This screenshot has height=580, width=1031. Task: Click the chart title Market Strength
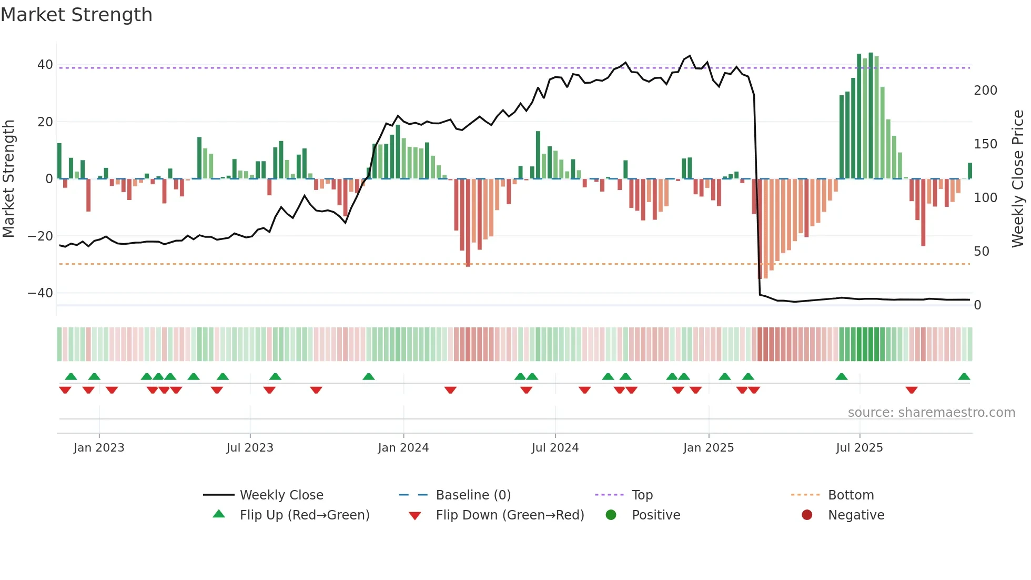(76, 15)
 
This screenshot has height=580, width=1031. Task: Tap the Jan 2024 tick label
(403, 448)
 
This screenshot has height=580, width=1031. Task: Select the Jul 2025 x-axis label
(859, 448)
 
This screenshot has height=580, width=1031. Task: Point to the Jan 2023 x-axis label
(99, 448)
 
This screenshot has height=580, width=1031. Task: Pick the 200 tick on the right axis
(985, 91)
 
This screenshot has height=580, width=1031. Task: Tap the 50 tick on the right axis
(981, 252)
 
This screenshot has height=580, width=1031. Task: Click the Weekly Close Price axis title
(1018, 179)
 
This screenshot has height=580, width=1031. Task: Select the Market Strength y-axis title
(9, 179)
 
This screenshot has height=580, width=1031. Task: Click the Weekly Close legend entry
(281, 495)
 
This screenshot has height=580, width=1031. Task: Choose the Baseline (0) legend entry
(473, 495)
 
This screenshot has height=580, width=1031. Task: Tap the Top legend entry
(642, 495)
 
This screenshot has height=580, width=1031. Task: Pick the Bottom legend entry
(851, 495)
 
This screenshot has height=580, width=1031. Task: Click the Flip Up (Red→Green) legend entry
(304, 515)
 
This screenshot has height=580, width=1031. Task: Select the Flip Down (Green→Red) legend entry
(509, 515)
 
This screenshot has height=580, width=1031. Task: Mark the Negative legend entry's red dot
(806, 515)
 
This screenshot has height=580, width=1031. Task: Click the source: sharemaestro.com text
(931, 413)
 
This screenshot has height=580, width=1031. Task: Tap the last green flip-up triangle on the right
(964, 377)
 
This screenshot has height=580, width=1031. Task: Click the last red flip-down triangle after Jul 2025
(912, 390)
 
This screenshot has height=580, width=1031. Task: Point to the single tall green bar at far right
(970, 171)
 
